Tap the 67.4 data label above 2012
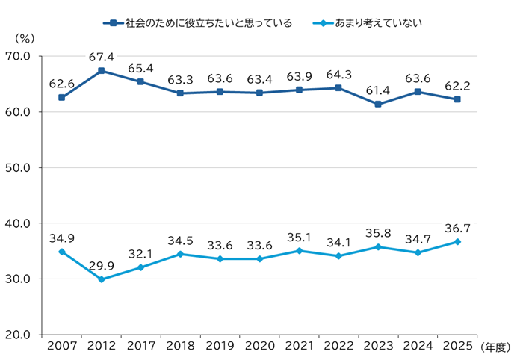coord(101,56)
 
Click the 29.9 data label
coord(101,265)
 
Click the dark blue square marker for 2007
coord(61,98)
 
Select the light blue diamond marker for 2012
coord(101,279)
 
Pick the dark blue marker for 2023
coord(378,104)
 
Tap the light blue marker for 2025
coord(457,241)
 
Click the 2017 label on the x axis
coord(140,347)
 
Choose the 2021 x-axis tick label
coord(299,347)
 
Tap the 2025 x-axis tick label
coord(457,347)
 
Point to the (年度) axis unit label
coord(495,347)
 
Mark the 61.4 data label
coord(378,90)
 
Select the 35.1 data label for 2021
coord(299,237)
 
